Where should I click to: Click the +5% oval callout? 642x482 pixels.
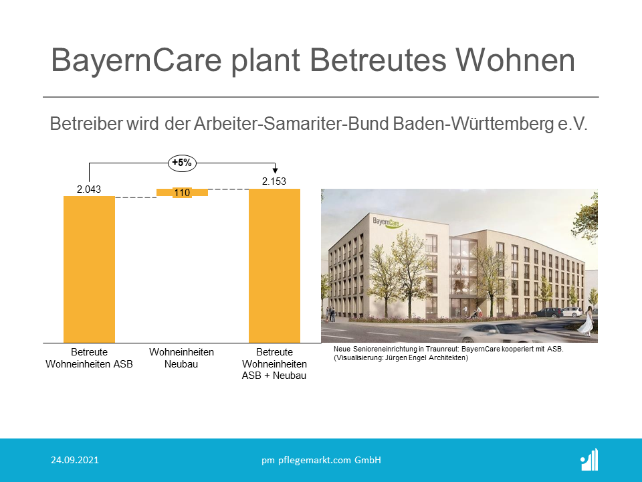(182, 163)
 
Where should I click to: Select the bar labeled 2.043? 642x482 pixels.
(89, 269)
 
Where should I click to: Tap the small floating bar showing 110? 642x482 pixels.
(182, 192)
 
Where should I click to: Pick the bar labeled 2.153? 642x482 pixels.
(274, 266)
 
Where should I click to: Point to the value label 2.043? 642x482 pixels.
(89, 189)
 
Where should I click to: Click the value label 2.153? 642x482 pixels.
(274, 181)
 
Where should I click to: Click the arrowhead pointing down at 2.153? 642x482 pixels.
(275, 170)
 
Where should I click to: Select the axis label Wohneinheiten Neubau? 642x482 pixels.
(181, 357)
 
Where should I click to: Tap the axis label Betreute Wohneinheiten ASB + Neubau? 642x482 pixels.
(274, 364)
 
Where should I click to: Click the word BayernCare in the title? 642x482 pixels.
(136, 61)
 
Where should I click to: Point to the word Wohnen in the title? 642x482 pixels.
(516, 60)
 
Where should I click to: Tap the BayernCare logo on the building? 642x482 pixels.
(387, 223)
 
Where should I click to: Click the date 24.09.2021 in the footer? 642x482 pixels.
(75, 460)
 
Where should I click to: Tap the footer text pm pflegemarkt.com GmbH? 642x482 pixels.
(322, 461)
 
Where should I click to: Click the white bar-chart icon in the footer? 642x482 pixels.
(590, 460)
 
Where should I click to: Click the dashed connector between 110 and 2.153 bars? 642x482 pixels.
(229, 189)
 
